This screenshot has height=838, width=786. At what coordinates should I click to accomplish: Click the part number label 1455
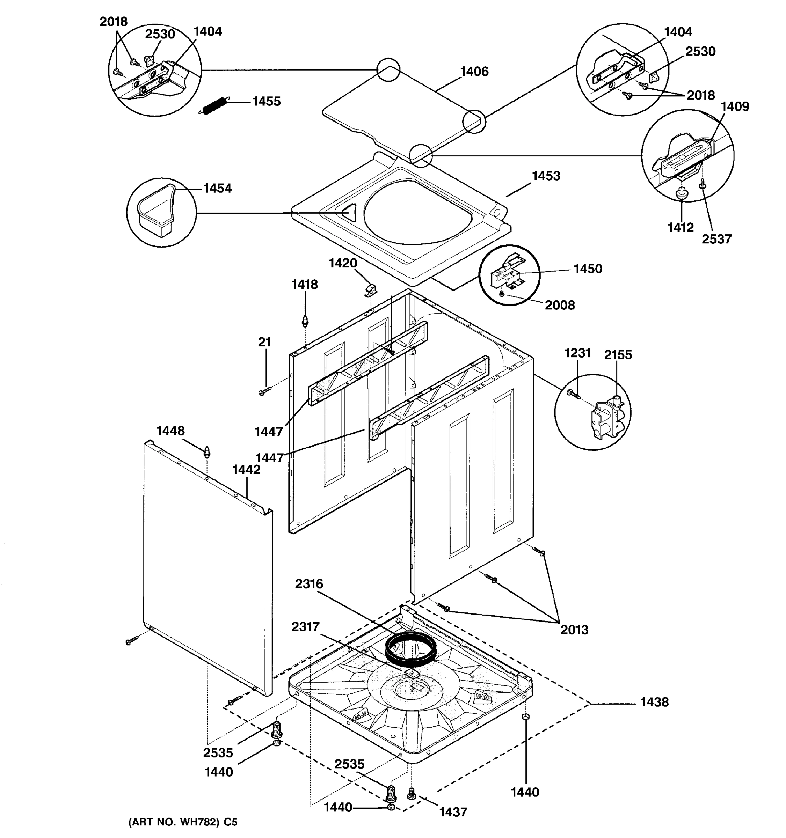[x=266, y=102]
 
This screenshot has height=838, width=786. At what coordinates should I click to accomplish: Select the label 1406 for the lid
[x=474, y=72]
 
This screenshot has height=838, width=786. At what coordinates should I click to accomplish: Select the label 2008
[x=560, y=305]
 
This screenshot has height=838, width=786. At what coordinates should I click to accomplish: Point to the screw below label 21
[x=262, y=392]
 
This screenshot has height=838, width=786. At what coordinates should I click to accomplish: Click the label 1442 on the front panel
[x=246, y=470]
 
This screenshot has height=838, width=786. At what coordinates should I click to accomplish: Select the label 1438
[x=654, y=702]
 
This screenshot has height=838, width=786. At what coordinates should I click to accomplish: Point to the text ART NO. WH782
[x=177, y=822]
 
